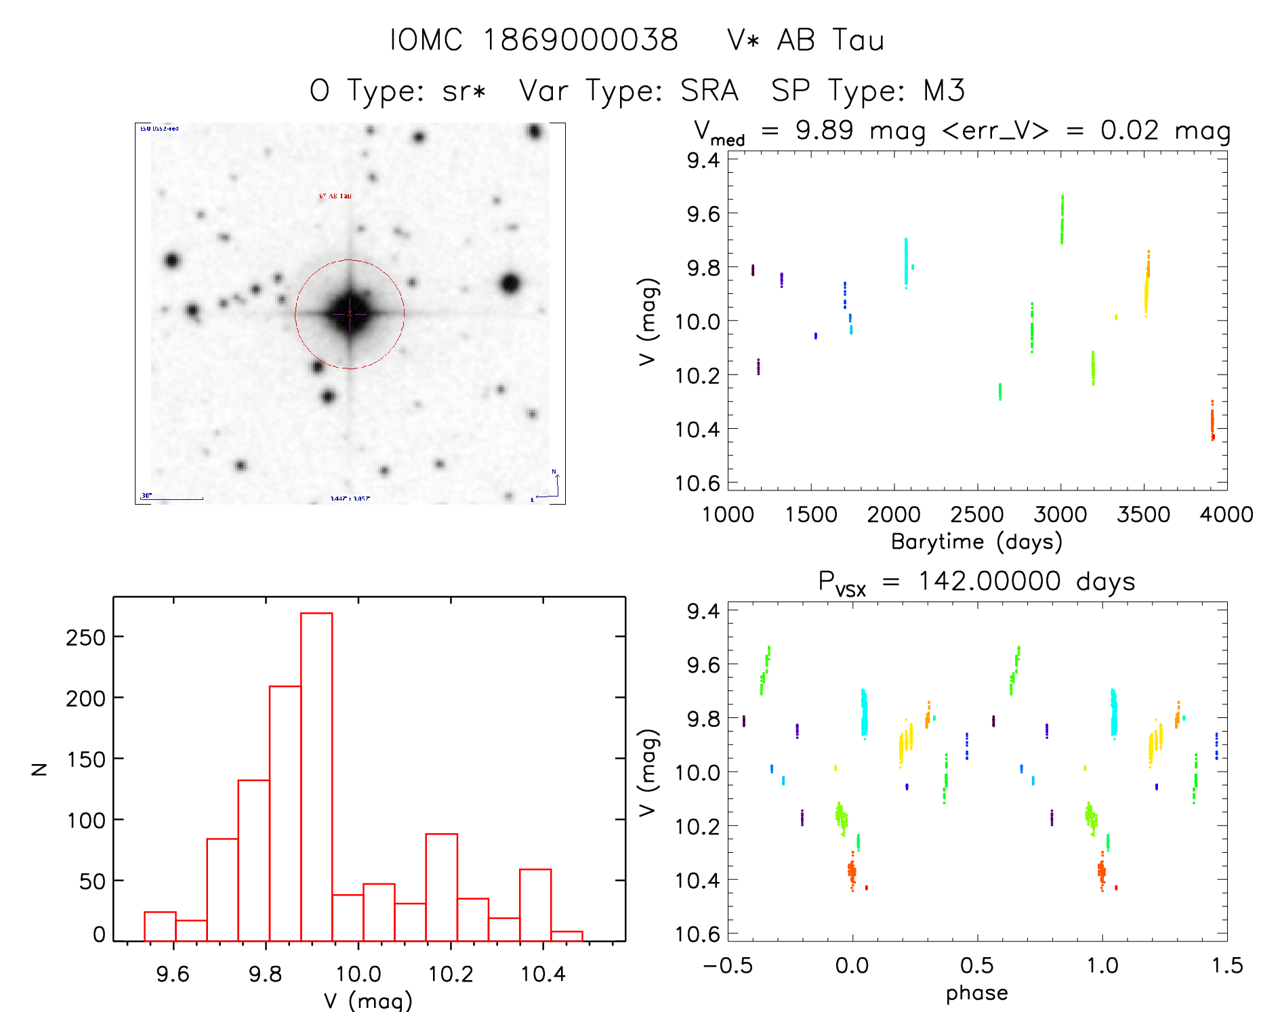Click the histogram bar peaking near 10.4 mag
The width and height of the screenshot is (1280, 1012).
[x=535, y=904]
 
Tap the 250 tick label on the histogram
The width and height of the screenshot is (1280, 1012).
[x=86, y=637]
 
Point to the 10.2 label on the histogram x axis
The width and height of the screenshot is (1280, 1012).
[x=451, y=974]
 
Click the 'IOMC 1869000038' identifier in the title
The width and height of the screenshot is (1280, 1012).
[x=534, y=40]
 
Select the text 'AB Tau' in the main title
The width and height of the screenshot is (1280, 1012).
[x=830, y=40]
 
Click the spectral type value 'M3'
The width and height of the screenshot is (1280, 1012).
[x=944, y=90]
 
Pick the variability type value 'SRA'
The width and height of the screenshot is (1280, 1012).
[x=709, y=90]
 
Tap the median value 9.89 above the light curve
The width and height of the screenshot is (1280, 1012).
[x=824, y=130]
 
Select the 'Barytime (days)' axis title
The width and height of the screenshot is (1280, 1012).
[x=976, y=542]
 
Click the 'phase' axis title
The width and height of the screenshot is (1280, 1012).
[x=976, y=993]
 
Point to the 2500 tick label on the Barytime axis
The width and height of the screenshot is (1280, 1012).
[x=977, y=514]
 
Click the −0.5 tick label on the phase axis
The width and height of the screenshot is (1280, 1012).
[x=728, y=965]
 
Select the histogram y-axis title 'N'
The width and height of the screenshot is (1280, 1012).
[x=40, y=769]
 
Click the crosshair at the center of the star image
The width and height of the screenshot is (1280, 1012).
[x=350, y=314]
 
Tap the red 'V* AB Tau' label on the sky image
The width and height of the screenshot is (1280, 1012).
[x=335, y=196]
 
